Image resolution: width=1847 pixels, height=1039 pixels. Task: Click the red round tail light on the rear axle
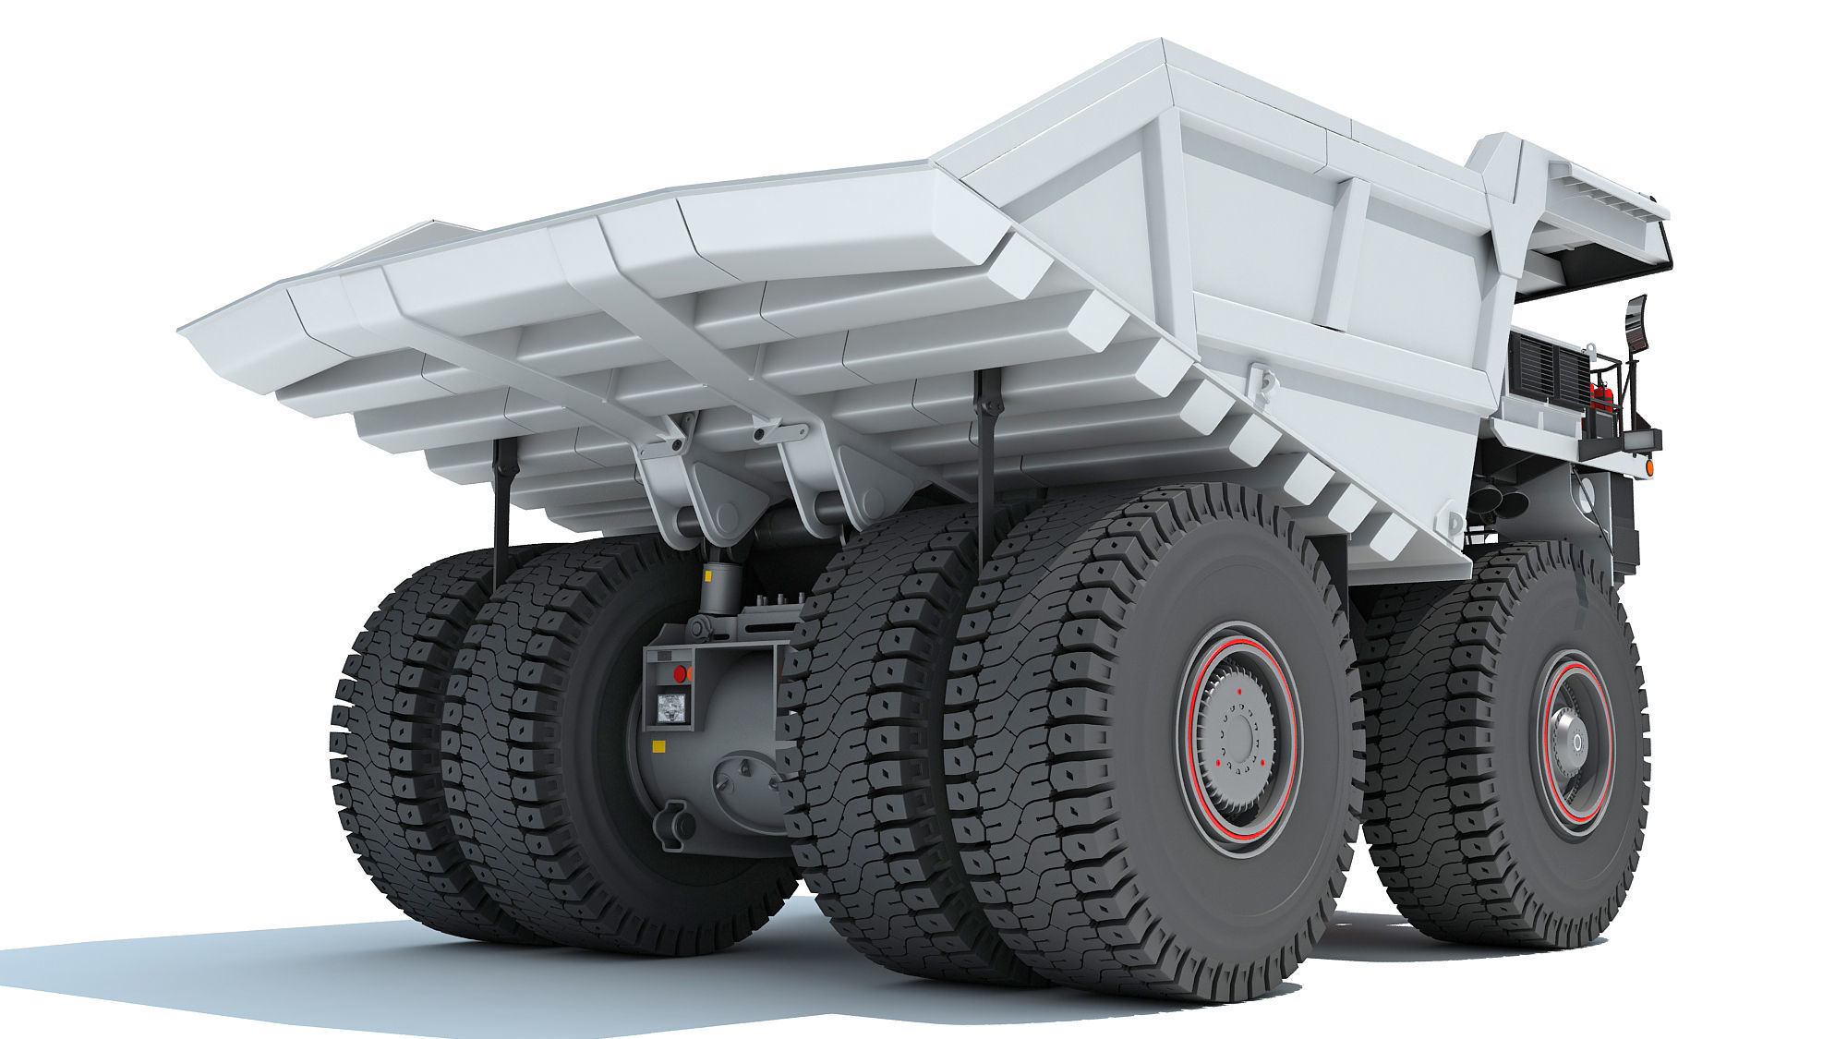pos(682,672)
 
